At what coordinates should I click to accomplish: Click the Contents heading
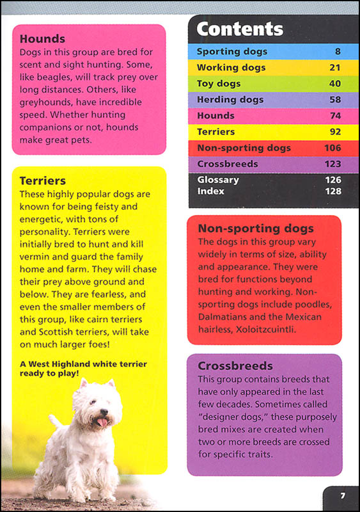(240, 29)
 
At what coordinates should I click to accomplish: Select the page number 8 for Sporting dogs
(336, 52)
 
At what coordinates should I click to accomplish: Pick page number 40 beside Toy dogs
(333, 84)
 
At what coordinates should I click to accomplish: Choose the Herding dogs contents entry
(230, 100)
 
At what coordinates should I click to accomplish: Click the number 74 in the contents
(333, 116)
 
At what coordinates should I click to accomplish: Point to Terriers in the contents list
(215, 132)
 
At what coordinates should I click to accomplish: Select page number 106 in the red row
(331, 148)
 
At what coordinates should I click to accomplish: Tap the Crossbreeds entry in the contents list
(228, 164)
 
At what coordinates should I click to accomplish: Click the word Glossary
(218, 180)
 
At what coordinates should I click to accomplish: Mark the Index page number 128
(331, 191)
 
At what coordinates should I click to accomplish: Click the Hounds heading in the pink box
(42, 38)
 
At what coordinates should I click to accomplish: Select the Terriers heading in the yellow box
(43, 181)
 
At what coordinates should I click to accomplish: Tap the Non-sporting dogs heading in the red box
(256, 228)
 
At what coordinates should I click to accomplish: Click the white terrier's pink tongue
(103, 422)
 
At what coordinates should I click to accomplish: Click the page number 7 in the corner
(342, 495)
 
